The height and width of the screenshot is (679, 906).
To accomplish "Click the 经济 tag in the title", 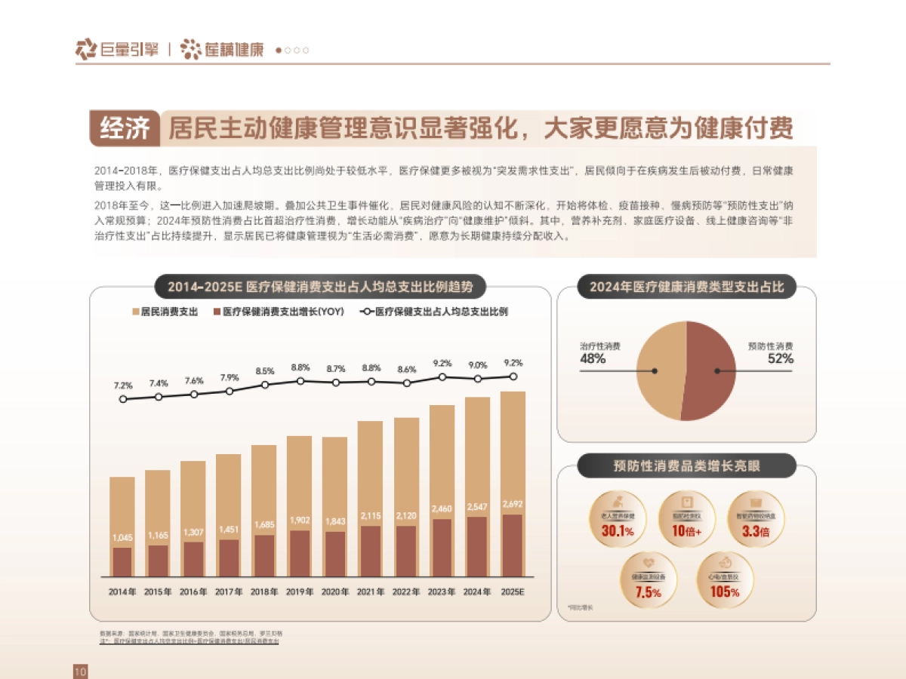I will coord(125,128).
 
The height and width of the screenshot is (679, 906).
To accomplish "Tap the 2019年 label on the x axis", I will coord(299,591).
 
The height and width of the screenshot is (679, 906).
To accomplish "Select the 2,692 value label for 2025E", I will coord(512,504).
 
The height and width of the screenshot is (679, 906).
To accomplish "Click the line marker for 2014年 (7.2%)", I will coord(123,399).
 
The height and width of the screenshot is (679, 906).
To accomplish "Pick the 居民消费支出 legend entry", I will coord(165,312).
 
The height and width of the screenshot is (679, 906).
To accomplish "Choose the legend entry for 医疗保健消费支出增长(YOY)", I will coord(279,312).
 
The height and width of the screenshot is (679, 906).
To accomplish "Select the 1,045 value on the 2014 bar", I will coord(122,538).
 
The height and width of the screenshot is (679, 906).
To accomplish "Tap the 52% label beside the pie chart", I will coord(781,359).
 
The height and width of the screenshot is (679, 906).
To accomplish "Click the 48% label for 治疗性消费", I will coord(593,359).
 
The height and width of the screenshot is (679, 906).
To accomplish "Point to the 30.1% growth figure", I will coord(618,531).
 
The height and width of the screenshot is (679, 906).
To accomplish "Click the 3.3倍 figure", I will coord(755,531).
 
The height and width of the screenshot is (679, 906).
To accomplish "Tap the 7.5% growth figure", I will coord(648,591).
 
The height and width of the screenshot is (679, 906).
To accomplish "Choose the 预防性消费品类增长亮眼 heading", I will coord(686,466).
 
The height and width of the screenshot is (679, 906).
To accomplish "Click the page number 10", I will coord(81,671).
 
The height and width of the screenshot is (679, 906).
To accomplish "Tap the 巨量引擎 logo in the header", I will coord(117,50).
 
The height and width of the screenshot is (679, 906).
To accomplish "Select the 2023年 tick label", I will coord(442,591).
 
